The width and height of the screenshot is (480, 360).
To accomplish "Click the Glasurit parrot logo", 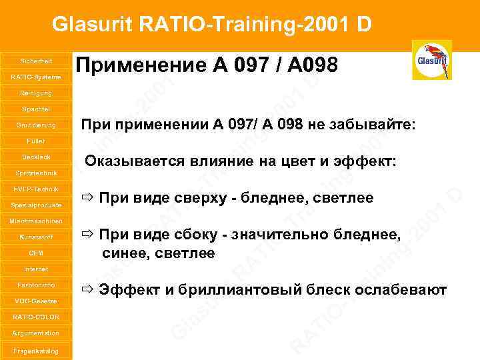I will [432, 60].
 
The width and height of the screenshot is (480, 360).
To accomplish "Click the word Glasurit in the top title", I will [93, 25].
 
